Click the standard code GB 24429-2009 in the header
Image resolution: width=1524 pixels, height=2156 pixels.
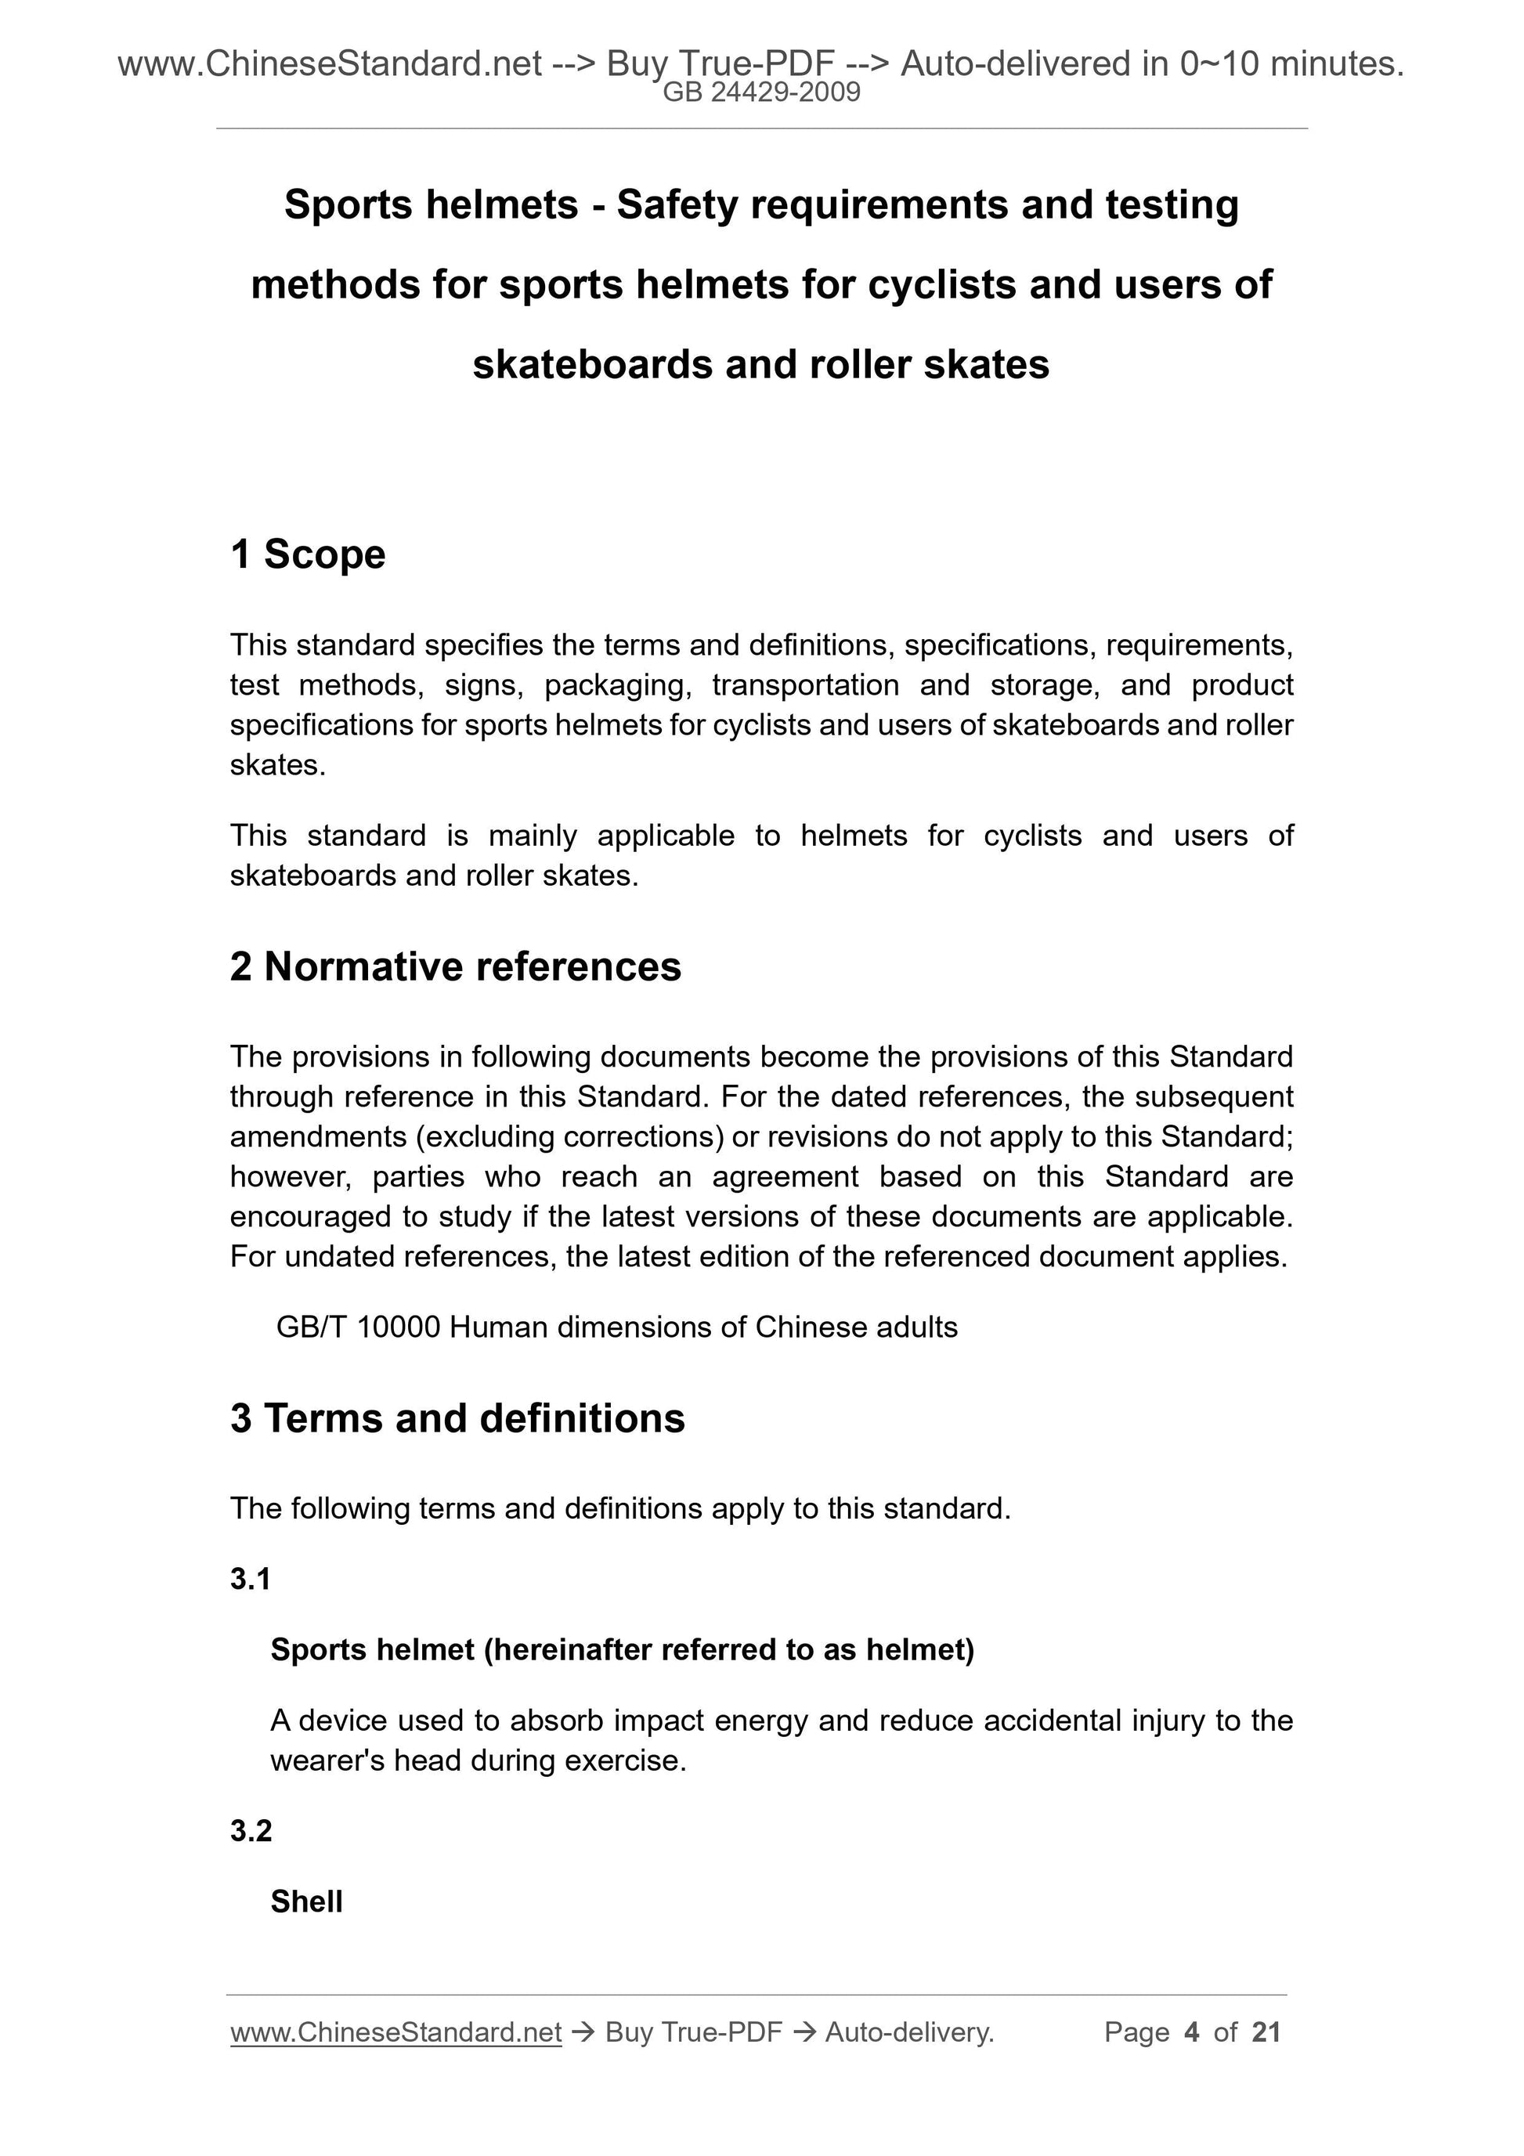[x=761, y=93]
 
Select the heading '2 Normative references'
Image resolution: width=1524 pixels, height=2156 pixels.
[x=456, y=966]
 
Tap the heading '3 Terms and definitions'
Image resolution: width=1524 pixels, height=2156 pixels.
[x=457, y=1418]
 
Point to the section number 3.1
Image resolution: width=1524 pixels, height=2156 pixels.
[x=251, y=1579]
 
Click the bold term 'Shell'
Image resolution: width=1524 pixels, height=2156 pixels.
[x=306, y=1901]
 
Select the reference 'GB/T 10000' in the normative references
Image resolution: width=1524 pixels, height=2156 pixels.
[x=358, y=1327]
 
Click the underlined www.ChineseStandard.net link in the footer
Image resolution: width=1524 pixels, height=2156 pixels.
[x=395, y=2032]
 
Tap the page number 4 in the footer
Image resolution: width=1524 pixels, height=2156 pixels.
[x=1192, y=2032]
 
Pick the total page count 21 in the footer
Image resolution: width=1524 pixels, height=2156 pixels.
[x=1266, y=2032]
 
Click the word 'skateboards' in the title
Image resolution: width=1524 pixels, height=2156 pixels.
[x=591, y=364]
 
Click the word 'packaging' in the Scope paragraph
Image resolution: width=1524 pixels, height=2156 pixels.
[x=618, y=685]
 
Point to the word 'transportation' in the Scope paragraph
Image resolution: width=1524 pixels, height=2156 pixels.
[x=806, y=685]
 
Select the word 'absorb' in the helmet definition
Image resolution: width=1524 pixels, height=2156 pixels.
[x=544, y=1721]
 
